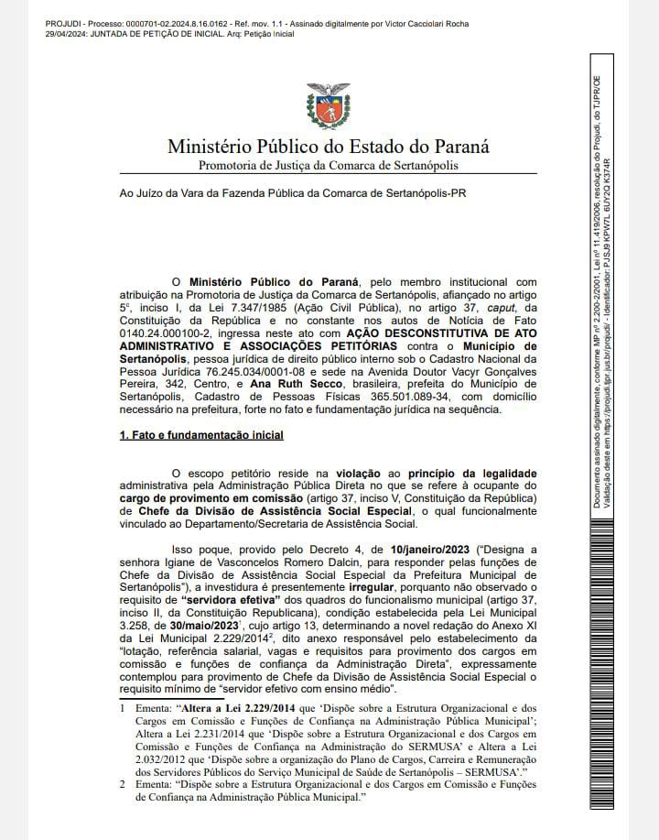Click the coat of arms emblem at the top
[x=328, y=105]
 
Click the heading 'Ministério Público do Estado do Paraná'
[x=328, y=147]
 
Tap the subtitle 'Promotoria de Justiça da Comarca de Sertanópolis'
[x=328, y=165]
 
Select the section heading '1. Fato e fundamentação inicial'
[x=188, y=436]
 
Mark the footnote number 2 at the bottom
[x=123, y=785]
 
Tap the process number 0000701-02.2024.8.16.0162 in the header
[x=131, y=7]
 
